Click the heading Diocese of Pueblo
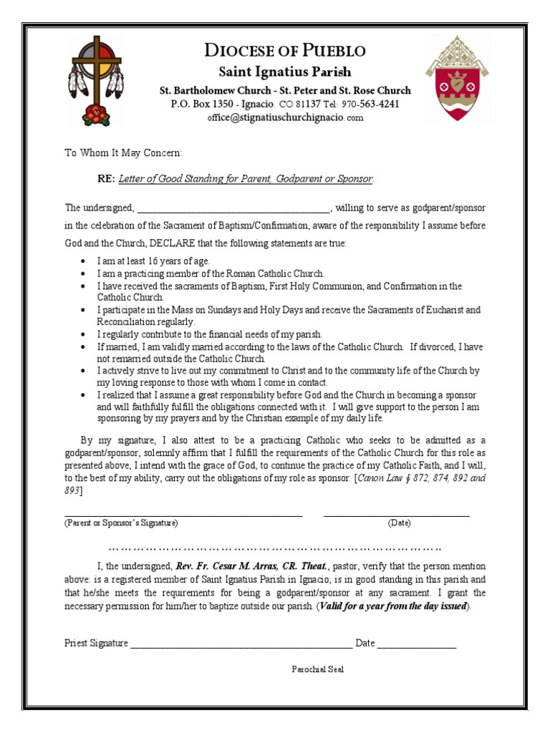284,51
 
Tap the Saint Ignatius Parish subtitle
284,72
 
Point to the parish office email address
285,118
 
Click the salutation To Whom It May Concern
123,152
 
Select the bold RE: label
106,179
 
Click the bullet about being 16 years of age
154,261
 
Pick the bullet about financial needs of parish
211,334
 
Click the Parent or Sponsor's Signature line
183,515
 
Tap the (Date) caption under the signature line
400,523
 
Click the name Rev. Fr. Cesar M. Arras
246,565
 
